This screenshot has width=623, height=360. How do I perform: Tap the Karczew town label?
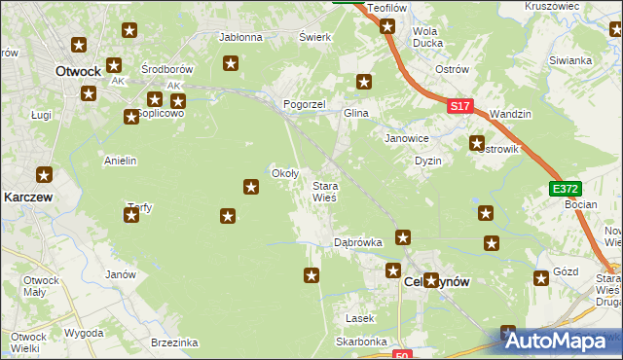click(x=27, y=196)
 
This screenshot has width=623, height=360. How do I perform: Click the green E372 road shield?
click(x=565, y=188)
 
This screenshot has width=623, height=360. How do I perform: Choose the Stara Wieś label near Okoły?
click(x=324, y=191)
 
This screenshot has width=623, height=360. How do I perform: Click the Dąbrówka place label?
click(x=357, y=240)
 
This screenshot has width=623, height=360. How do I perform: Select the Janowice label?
click(x=406, y=138)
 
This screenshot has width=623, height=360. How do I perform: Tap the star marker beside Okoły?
click(x=251, y=186)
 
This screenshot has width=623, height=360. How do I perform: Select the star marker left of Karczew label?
click(x=45, y=175)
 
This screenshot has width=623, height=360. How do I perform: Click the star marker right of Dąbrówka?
click(x=403, y=236)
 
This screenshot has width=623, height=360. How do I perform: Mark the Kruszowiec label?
click(x=552, y=6)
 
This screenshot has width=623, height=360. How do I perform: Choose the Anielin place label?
click(x=121, y=161)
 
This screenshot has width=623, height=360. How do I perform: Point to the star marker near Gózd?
click(x=540, y=279)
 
